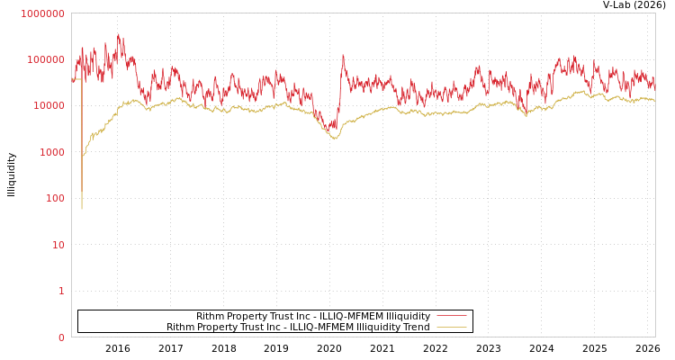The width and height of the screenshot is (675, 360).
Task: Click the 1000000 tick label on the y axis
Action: point(42,13)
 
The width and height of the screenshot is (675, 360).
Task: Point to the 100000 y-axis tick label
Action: point(45,59)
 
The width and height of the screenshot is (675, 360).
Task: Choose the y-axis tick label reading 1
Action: point(61,291)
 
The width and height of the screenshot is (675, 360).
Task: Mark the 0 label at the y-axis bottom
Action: point(61,337)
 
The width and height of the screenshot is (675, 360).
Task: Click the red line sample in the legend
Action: point(451,316)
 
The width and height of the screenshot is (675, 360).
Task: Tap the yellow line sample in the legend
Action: point(451,327)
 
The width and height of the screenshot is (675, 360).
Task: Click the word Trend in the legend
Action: point(415,328)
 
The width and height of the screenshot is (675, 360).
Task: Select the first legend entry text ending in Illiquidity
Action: point(313,317)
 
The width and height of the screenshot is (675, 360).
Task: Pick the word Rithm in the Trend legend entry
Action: point(181,328)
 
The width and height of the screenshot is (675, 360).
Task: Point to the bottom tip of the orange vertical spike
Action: point(82,209)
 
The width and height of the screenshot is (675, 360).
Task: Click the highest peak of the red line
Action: point(119,35)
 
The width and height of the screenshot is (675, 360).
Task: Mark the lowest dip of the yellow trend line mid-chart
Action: point(335,139)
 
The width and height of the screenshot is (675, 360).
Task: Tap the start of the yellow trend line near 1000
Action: point(84,156)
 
